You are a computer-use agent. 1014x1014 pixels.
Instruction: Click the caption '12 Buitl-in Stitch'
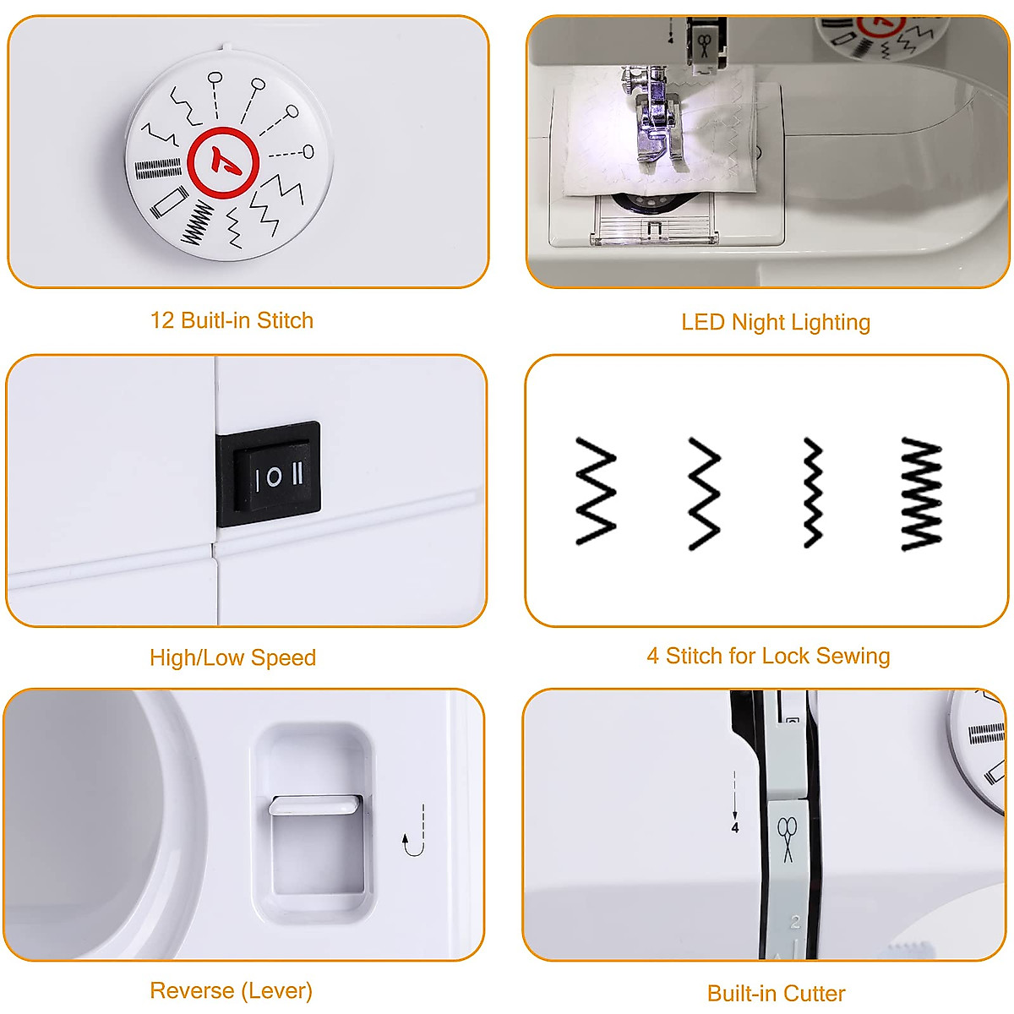[232, 320]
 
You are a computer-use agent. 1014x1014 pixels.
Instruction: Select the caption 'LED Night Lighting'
[775, 322]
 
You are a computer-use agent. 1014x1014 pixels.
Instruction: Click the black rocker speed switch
[269, 474]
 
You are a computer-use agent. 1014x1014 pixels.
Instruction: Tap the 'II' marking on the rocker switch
[297, 475]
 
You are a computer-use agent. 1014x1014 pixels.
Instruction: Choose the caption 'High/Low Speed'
[232, 657]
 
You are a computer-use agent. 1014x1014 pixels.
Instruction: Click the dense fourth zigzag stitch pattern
[921, 493]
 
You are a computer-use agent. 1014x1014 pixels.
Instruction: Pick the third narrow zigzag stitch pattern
[812, 492]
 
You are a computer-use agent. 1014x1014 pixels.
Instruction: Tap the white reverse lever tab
[314, 804]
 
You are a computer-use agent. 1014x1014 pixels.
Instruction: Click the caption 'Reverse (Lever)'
[231, 990]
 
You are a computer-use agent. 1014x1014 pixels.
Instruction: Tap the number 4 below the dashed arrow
[735, 827]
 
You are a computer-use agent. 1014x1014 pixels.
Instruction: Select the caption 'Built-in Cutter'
[776, 993]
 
